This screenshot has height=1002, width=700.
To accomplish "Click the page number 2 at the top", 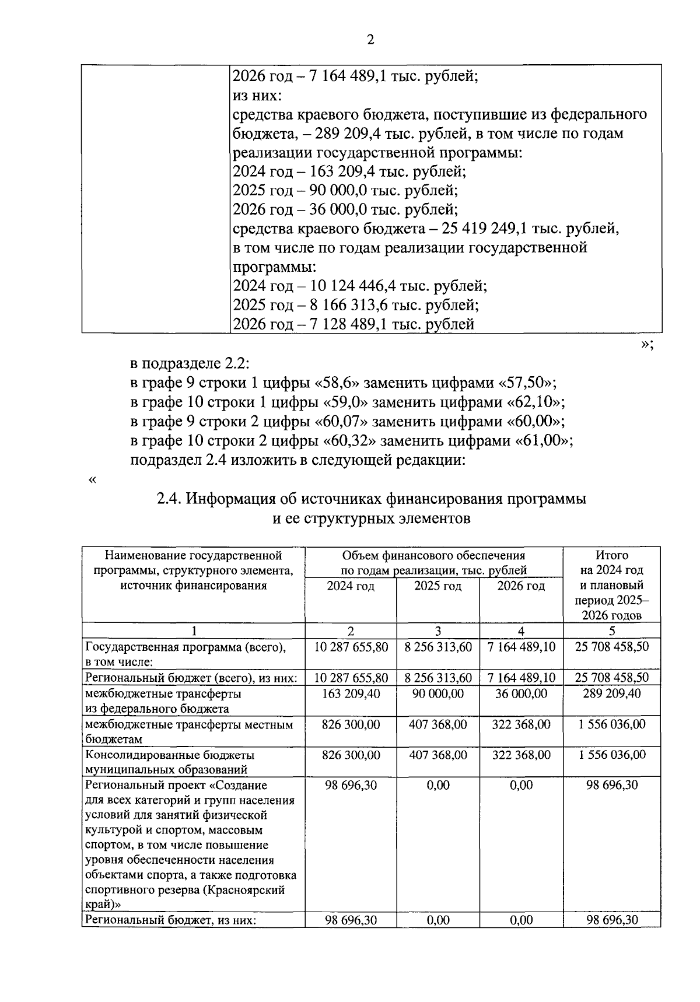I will (x=369, y=40).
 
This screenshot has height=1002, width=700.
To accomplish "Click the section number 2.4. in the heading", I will (x=170, y=499).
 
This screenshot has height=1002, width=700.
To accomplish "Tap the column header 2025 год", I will (x=437, y=586).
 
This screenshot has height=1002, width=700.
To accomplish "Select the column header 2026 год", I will (x=521, y=586).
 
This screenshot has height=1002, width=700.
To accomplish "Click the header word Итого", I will (x=611, y=555).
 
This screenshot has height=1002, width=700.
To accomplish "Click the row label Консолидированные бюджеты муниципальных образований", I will (x=170, y=762).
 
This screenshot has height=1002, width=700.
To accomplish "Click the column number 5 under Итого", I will (x=611, y=630).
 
